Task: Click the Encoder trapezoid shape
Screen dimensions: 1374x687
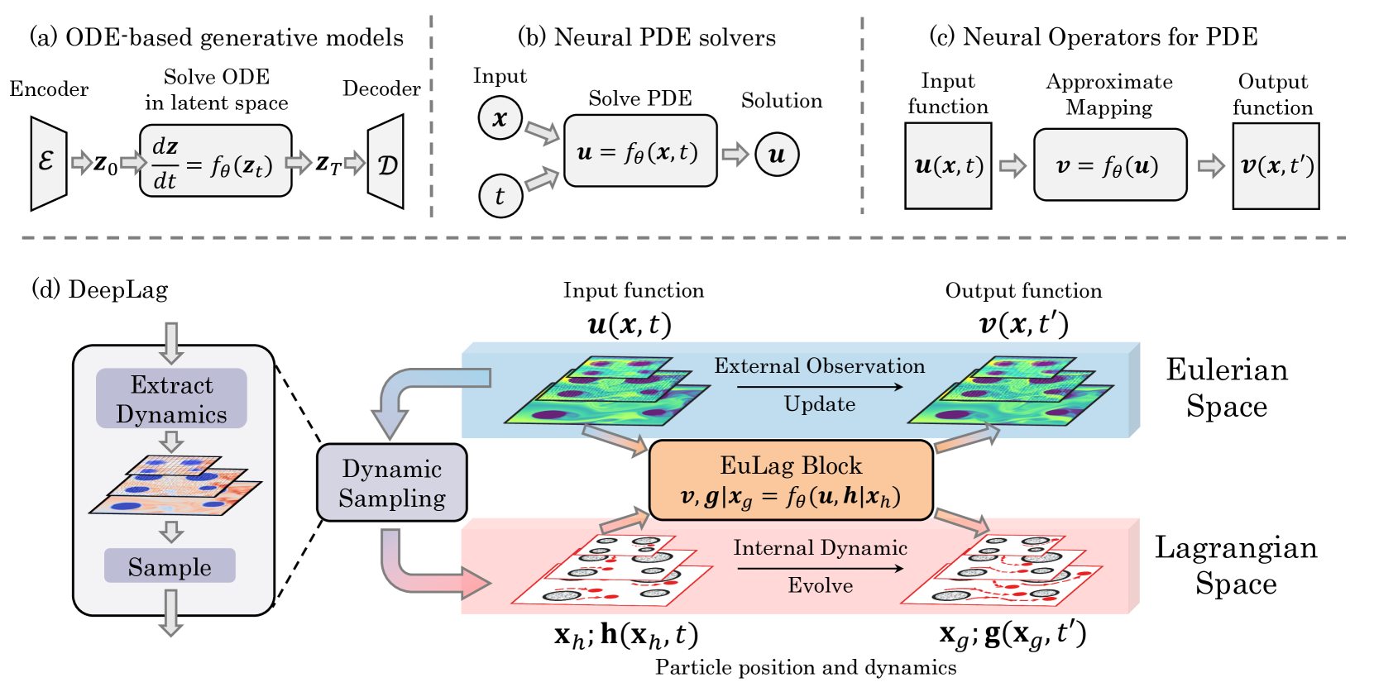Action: (x=49, y=163)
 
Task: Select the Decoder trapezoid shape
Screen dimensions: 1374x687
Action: (x=385, y=162)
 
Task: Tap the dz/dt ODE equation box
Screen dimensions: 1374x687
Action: (x=215, y=160)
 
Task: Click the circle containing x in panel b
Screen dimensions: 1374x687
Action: (x=500, y=117)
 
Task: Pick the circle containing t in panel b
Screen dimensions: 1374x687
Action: (x=500, y=196)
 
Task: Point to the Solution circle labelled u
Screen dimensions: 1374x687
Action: (x=777, y=154)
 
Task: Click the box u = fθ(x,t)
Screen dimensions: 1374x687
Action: (x=640, y=150)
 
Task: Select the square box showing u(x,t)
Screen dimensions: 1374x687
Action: (x=948, y=166)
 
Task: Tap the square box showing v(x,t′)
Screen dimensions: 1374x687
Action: (x=1276, y=166)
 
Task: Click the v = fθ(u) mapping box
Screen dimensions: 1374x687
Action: (x=1110, y=165)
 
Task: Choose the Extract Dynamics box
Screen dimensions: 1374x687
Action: (x=172, y=398)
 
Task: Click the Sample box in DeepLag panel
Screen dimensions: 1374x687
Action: (x=170, y=565)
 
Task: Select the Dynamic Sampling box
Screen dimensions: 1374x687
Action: (x=392, y=482)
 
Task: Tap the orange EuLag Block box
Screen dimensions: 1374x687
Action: (x=792, y=479)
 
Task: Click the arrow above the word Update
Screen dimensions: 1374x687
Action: (x=820, y=387)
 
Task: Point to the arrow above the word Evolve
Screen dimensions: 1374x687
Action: (x=820, y=568)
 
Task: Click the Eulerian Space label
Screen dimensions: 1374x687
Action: (x=1227, y=388)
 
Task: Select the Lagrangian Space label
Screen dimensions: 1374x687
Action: (x=1236, y=565)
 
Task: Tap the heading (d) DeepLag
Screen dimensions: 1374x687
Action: (x=100, y=290)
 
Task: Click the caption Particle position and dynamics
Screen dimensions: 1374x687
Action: (x=806, y=667)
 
